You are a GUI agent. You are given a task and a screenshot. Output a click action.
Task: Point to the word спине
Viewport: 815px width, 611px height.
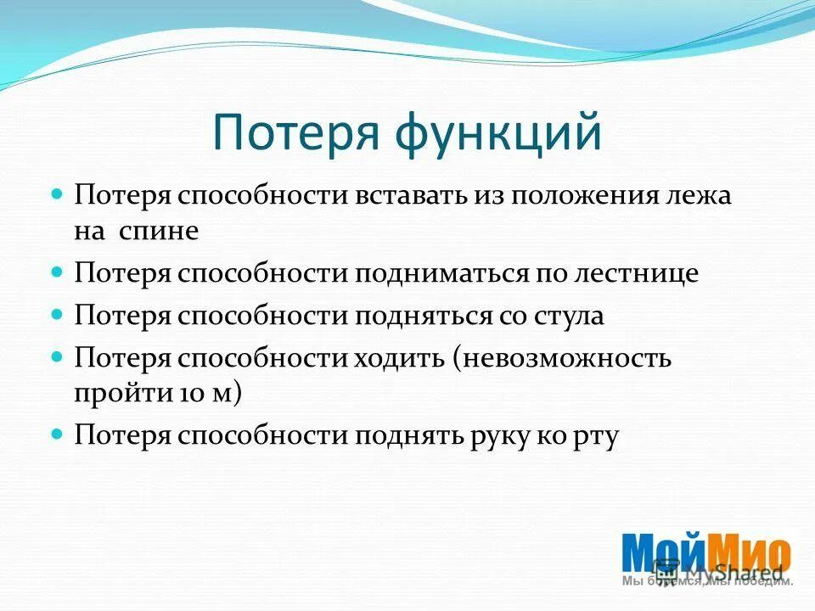point(165,232)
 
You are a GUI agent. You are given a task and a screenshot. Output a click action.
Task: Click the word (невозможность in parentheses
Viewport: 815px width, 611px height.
point(562,358)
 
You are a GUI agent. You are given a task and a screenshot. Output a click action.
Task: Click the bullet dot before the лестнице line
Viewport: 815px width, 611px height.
point(58,272)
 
